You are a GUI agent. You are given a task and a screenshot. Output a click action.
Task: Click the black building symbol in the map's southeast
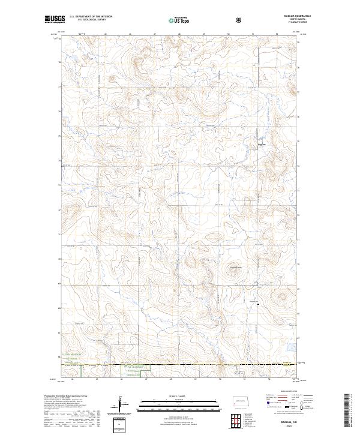click(x=259, y=305)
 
